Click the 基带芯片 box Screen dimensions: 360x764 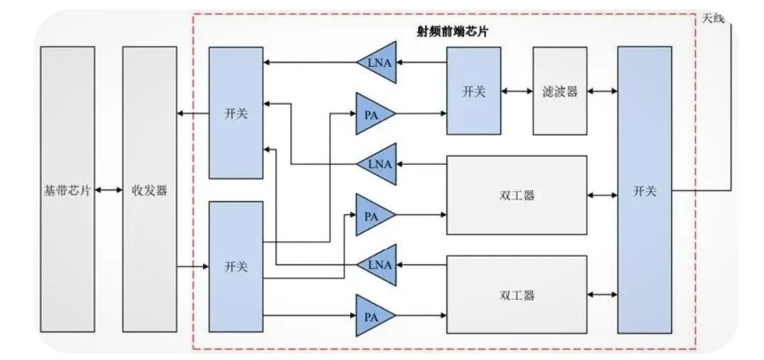click(x=67, y=190)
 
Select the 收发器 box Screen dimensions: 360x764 click(x=149, y=190)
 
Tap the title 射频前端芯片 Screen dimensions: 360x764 click(x=453, y=32)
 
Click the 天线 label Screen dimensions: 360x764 click(x=713, y=18)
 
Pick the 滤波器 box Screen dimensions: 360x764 click(x=560, y=91)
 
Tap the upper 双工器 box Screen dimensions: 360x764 click(x=516, y=195)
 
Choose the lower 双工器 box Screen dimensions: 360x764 click(x=516, y=295)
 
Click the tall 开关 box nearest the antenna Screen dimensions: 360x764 click(x=644, y=190)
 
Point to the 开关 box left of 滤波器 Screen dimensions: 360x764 click(x=473, y=91)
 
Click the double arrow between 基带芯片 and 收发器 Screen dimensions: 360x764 click(x=108, y=190)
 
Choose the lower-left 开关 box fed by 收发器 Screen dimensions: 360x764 click(x=236, y=267)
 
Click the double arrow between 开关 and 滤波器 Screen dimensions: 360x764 click(x=516, y=91)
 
